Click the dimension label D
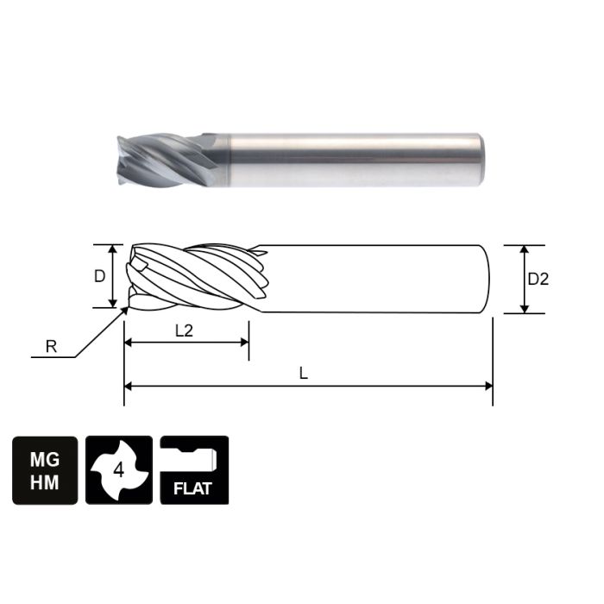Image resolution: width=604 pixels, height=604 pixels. pyautogui.click(x=100, y=277)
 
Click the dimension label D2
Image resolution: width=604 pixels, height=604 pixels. pyautogui.click(x=538, y=279)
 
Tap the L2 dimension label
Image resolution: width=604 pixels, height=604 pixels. pyautogui.click(x=184, y=330)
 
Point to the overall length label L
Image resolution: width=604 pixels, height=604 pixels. pyautogui.click(x=303, y=373)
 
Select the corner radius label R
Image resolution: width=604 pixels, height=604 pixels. pyautogui.click(x=51, y=347)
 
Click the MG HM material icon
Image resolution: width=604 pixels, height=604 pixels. pyautogui.click(x=44, y=470)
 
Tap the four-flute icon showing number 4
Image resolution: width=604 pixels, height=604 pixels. pyautogui.click(x=119, y=470)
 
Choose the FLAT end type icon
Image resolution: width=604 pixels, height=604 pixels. pyautogui.click(x=194, y=470)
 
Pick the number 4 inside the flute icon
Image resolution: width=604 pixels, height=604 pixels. pyautogui.click(x=119, y=471)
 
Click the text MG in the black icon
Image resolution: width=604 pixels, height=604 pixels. pyautogui.click(x=44, y=459)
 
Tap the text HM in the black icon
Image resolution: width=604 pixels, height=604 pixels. pyautogui.click(x=44, y=483)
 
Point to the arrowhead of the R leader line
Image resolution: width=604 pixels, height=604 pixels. pyautogui.click(x=125, y=308)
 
